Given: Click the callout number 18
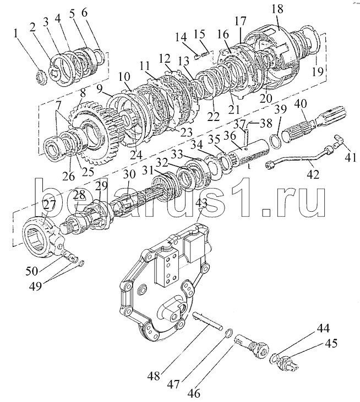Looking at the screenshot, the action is tap(277, 9).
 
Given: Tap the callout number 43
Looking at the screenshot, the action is tap(201, 197).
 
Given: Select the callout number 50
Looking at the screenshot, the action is tap(31, 271).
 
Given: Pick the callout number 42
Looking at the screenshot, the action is tap(313, 174).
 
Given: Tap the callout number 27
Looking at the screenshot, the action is tap(49, 205).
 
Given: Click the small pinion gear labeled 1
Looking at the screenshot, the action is tap(42, 78).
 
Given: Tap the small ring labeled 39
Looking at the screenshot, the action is tap(276, 141).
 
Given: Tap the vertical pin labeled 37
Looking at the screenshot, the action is tap(246, 136).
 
